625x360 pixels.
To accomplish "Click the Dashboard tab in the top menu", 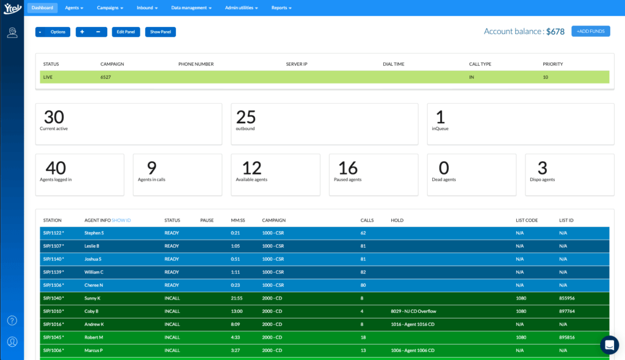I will pyautogui.click(x=43, y=8).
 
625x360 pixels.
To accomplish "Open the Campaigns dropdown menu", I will pyautogui.click(x=110, y=8).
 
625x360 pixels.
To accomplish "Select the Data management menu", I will pyautogui.click(x=191, y=8).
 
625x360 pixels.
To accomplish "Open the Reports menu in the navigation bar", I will pyautogui.click(x=281, y=8).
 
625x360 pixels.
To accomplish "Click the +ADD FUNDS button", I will pyautogui.click(x=590, y=31).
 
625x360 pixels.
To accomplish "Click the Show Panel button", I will pyautogui.click(x=160, y=32).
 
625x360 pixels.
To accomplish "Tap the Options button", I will pyautogui.click(x=52, y=32).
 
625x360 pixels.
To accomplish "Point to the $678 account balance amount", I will pyautogui.click(x=555, y=31).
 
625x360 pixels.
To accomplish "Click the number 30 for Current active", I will pyautogui.click(x=54, y=117).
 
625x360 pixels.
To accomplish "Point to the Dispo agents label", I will pyautogui.click(x=542, y=179).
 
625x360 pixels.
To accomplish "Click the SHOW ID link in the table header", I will pyautogui.click(x=121, y=220).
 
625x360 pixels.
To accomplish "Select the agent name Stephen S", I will pyautogui.click(x=94, y=233).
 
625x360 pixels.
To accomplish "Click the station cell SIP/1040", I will pyautogui.click(x=53, y=298).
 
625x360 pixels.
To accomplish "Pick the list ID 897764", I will pyautogui.click(x=567, y=311).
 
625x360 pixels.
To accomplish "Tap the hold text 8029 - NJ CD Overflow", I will pyautogui.click(x=413, y=311).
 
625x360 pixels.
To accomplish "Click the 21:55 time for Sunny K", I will pyautogui.click(x=237, y=298).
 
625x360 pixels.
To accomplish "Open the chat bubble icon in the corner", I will pyautogui.click(x=609, y=345).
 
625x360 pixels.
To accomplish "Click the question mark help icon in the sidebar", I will pyautogui.click(x=12, y=320).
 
